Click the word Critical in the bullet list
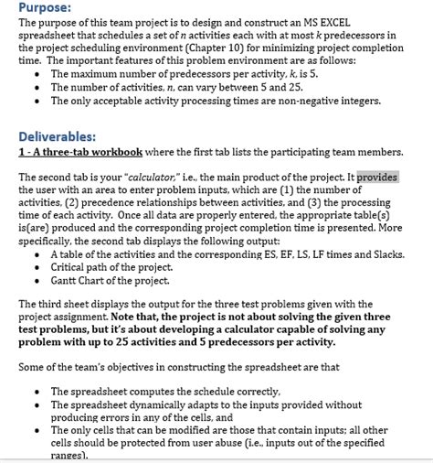[71, 268]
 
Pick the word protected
[136, 442]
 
